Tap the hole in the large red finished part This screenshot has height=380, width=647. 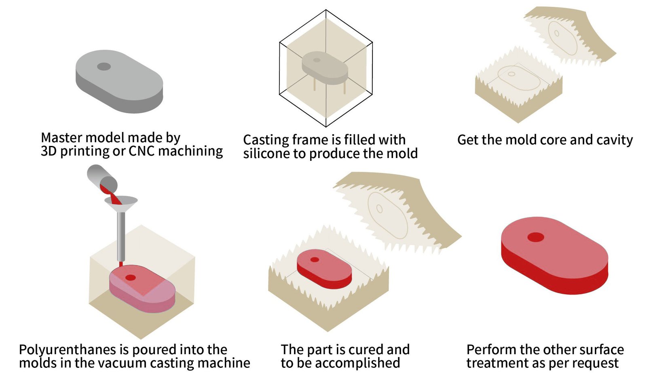535,237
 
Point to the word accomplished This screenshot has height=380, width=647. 357,363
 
